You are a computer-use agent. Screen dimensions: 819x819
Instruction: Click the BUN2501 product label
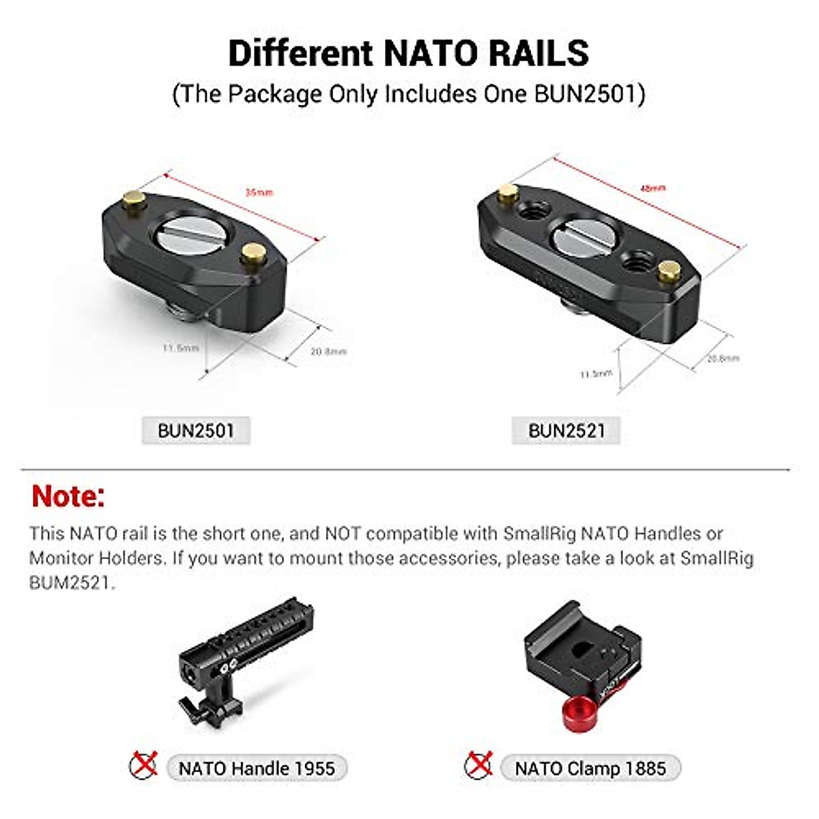point(196,431)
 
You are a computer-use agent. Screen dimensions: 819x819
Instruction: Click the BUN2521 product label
point(566,431)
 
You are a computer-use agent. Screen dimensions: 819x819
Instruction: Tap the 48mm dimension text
point(652,188)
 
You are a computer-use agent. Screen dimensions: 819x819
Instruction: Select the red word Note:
point(68,496)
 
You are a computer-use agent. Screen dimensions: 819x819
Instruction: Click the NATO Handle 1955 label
point(257,768)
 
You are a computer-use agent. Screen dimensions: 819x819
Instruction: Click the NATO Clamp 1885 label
point(590,768)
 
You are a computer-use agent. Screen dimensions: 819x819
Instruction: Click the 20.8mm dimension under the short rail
point(329,351)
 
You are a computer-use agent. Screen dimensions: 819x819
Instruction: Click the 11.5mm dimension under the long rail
point(596,373)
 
